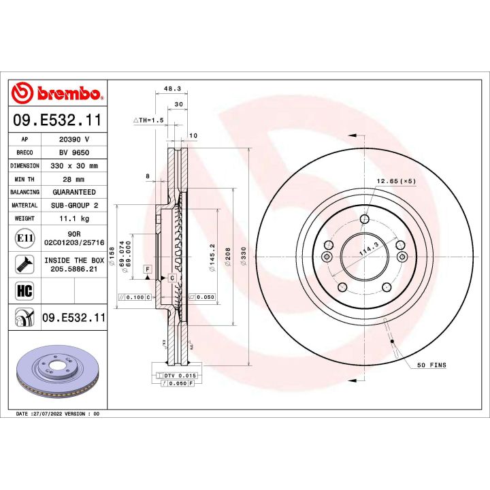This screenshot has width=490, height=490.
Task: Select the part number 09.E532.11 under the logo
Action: coord(57,120)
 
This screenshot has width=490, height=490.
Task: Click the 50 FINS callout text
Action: coord(431,365)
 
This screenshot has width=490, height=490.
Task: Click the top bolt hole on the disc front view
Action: coord(365,218)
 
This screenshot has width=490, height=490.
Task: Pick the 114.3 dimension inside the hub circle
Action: coord(368,252)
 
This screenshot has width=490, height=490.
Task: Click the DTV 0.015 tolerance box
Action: coord(176,376)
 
